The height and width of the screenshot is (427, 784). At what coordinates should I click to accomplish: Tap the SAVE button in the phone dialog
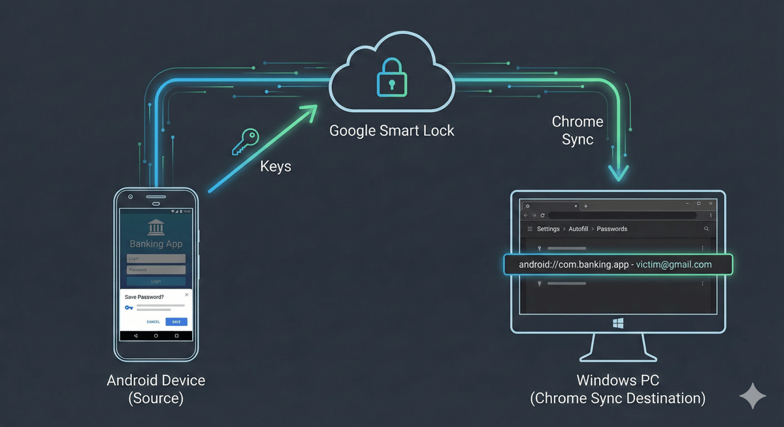click(x=176, y=322)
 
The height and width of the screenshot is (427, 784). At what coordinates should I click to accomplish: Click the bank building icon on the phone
click(x=156, y=228)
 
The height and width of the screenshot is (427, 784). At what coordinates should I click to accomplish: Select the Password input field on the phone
click(x=156, y=270)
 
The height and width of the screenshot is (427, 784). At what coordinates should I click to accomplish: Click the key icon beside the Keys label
click(x=246, y=142)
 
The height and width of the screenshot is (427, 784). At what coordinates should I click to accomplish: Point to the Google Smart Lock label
click(x=391, y=130)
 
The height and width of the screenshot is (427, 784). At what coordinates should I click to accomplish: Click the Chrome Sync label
click(x=577, y=130)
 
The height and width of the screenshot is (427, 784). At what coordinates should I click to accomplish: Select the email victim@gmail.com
click(x=674, y=264)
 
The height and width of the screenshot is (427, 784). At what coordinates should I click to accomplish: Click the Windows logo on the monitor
click(x=618, y=323)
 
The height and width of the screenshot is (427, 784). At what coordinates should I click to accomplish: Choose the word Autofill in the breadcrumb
click(x=578, y=229)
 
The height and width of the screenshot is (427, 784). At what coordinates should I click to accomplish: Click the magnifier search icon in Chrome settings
click(x=706, y=229)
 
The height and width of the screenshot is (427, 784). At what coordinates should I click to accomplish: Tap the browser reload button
click(x=542, y=215)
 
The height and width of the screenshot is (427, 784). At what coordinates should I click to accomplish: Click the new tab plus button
click(x=585, y=206)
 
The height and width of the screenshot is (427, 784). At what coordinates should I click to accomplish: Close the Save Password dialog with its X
click(x=187, y=295)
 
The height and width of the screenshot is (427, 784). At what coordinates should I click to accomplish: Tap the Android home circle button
click(x=156, y=336)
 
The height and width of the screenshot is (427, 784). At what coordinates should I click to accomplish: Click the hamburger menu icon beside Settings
click(x=530, y=229)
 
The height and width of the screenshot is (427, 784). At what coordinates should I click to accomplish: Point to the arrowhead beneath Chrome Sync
click(x=618, y=173)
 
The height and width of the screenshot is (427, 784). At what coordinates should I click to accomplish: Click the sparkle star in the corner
click(x=753, y=396)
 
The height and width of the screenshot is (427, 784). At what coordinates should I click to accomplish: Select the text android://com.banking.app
click(x=573, y=264)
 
